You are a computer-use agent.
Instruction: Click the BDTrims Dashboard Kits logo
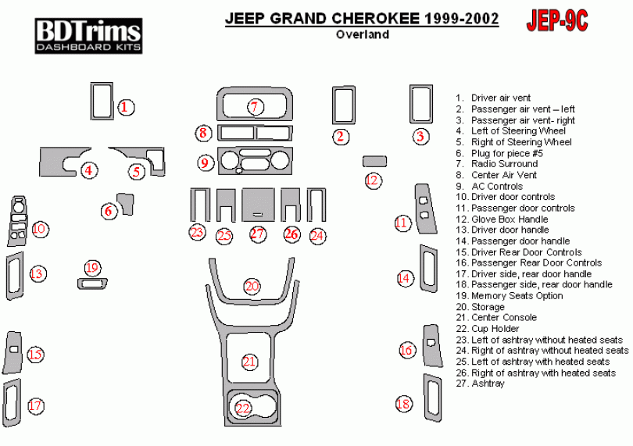click(88, 36)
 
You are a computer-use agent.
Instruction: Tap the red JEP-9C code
click(559, 21)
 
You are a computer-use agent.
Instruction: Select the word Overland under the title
click(363, 34)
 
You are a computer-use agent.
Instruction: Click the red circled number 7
click(253, 107)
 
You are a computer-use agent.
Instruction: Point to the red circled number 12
click(373, 180)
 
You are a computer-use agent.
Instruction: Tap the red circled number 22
click(243, 409)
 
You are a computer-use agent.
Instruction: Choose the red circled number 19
click(92, 269)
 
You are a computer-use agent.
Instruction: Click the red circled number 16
click(406, 350)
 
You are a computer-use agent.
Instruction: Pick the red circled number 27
click(258, 234)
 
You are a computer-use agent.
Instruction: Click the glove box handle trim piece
click(374, 161)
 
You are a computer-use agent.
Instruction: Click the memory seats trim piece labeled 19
click(93, 284)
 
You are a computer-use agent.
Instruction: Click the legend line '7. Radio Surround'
click(504, 164)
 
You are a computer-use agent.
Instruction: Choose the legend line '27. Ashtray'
click(487, 384)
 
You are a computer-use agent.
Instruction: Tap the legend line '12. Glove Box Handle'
click(509, 219)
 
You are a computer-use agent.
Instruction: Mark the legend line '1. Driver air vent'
click(500, 98)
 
